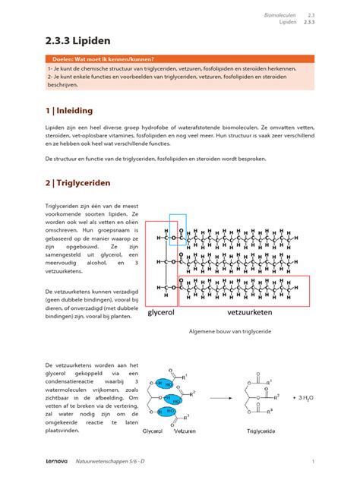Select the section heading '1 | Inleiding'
68,110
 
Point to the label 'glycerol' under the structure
162,311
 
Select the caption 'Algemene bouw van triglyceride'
229,332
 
